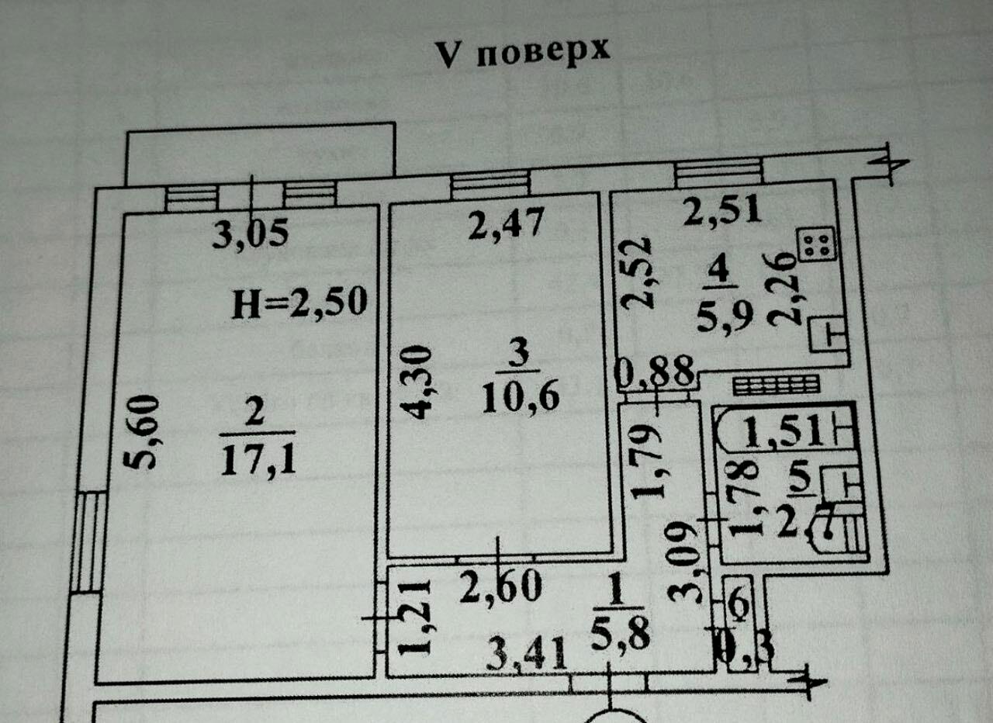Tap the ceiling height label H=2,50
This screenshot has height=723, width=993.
coord(299,303)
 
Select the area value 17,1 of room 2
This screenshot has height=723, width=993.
coord(257,462)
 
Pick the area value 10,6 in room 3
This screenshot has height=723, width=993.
coord(520,398)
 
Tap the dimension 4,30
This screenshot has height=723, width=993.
coord(417,382)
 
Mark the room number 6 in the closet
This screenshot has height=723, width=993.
coord(738,600)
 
